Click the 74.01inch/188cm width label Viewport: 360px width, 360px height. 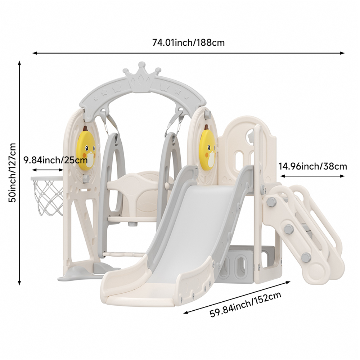pos(188,43)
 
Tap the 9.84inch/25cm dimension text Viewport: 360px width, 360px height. pos(56,160)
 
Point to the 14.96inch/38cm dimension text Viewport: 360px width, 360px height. pos(312,166)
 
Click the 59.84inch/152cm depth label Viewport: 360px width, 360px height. pos(246,305)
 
